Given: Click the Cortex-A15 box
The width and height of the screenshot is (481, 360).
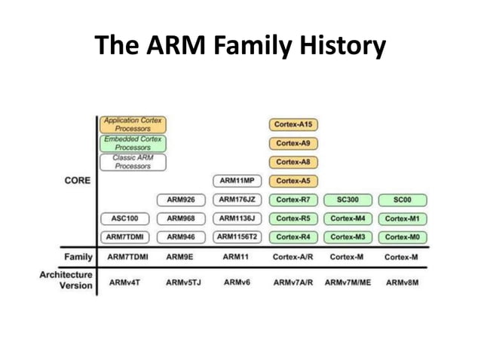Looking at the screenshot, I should (x=293, y=124).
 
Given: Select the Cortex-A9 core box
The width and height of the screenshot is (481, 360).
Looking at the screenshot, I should (x=293, y=143).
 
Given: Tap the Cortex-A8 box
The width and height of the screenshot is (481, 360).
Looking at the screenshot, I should (x=293, y=162).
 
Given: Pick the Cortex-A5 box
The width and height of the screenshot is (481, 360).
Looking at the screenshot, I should (x=293, y=181).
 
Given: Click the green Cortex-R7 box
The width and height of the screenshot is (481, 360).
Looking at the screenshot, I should (x=293, y=200).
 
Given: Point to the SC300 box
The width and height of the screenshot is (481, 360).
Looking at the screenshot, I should (x=348, y=200).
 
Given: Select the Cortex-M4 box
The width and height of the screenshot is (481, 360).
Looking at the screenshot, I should (x=348, y=219).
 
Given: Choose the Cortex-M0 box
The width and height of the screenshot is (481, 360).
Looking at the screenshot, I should (x=402, y=237).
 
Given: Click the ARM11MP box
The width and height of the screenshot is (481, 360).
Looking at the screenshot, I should (x=237, y=181).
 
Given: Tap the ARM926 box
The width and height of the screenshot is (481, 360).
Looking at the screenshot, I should (x=181, y=200).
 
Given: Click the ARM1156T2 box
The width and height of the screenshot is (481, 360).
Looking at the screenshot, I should (x=237, y=237).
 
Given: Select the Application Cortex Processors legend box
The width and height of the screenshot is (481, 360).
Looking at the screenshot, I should (x=132, y=124).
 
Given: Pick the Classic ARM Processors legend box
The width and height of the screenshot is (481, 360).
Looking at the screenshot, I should (x=132, y=162).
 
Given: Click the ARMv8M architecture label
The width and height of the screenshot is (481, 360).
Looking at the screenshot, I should (x=402, y=282).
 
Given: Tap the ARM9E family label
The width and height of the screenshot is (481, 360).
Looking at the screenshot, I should (x=181, y=257).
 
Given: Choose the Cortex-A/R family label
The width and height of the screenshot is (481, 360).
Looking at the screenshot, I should (x=293, y=257).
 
